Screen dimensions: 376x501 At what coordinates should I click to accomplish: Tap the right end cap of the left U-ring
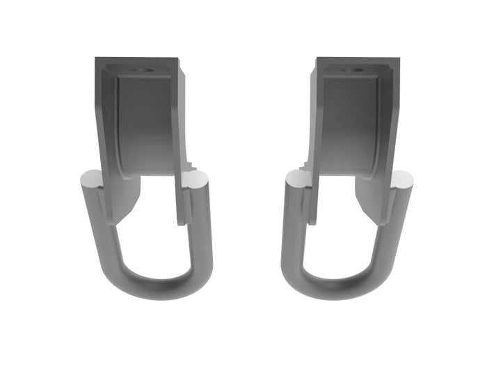pyautogui.click(x=196, y=182)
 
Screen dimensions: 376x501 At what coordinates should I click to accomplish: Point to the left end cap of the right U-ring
pyautogui.click(x=298, y=182)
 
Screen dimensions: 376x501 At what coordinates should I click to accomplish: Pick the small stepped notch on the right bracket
pyautogui.click(x=304, y=166)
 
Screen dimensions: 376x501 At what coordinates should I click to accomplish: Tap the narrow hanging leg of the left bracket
pyautogui.click(x=183, y=202)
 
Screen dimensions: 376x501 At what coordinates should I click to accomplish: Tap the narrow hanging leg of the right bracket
pyautogui.click(x=313, y=202)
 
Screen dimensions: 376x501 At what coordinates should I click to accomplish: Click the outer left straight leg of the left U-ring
pyautogui.click(x=97, y=223)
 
